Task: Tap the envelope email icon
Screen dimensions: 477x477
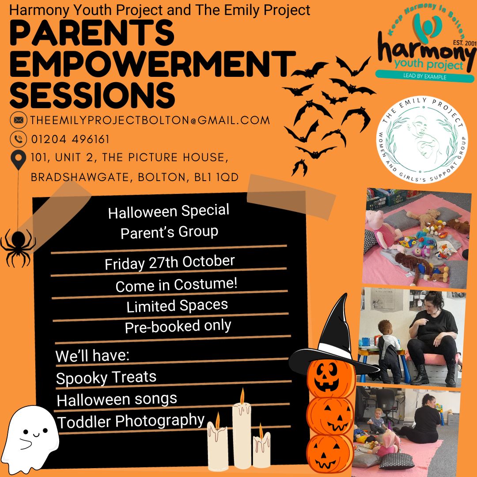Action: coord(19,120)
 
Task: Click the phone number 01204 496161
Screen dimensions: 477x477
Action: coord(70,139)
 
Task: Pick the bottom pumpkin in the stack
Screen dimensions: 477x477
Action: coord(330,453)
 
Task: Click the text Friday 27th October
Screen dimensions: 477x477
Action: coord(170,262)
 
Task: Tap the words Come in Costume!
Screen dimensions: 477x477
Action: coord(176,285)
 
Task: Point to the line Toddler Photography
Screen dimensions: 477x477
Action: coord(131,421)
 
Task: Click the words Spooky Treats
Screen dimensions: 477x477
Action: coord(106,378)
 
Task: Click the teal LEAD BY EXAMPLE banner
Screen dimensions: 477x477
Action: coord(425,76)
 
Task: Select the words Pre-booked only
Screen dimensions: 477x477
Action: coord(178,326)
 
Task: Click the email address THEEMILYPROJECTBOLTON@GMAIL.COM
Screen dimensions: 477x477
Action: coord(150,120)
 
